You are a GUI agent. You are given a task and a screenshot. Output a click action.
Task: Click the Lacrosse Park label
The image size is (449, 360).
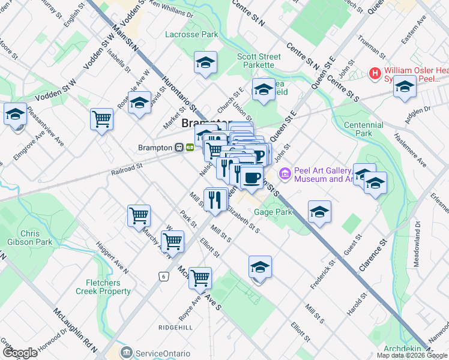pyautogui.click(x=191, y=35)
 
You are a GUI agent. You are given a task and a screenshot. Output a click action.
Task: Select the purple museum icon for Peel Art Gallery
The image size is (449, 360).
pyautogui.click(x=285, y=174)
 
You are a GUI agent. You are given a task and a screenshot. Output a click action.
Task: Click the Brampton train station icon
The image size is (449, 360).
pyautogui.click(x=179, y=147)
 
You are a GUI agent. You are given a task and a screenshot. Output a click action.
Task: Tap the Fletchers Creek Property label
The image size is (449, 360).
pyautogui.click(x=103, y=287)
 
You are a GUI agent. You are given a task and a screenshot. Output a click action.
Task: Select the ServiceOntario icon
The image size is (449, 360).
pyautogui.click(x=127, y=352)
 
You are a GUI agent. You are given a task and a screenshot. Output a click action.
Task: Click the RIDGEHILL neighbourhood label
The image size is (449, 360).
pyautogui.click(x=176, y=328)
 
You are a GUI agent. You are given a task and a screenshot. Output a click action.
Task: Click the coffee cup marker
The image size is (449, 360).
pyautogui.click(x=252, y=177)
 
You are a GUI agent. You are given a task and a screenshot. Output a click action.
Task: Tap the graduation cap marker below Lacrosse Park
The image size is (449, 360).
pyautogui.click(x=205, y=62)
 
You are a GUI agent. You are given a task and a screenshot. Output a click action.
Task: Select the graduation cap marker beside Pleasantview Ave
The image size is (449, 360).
pyautogui.click(x=15, y=114)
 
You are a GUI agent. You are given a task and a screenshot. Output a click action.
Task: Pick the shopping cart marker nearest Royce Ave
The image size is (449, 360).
pyautogui.click(x=200, y=277)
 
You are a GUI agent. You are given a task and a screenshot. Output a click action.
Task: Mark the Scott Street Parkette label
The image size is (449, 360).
pyautogui.click(x=259, y=61)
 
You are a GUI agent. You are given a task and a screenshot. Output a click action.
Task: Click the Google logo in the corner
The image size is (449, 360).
pyautogui.click(x=20, y=353)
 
